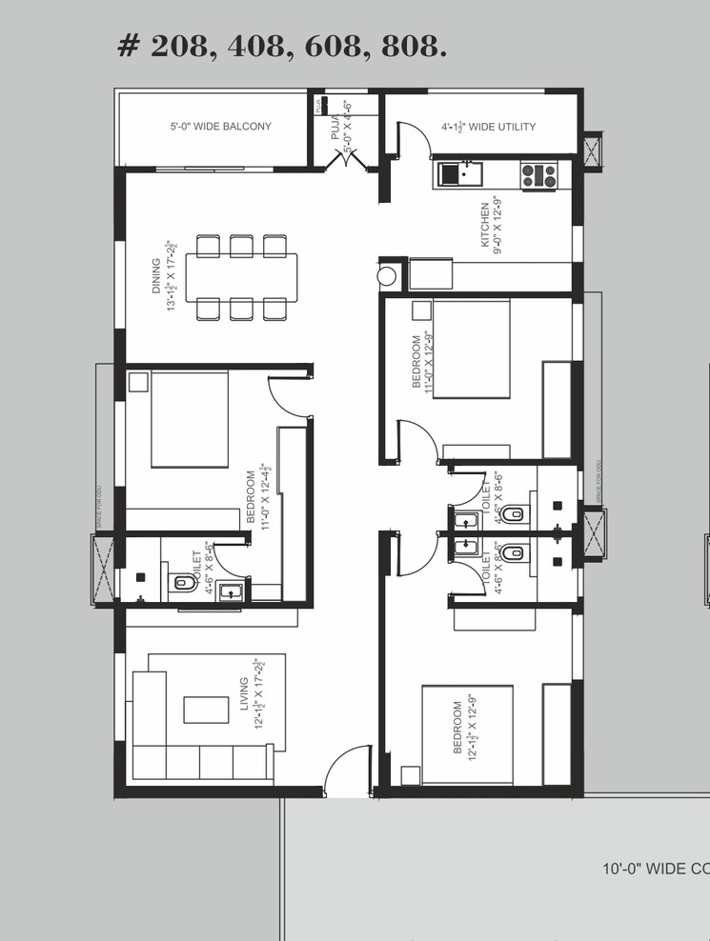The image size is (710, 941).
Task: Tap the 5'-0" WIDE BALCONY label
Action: pos(220,127)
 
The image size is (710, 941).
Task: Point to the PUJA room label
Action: pos(335,126)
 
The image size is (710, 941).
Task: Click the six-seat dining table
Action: pos(241,276)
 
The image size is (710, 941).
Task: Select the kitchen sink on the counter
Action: pos(459,173)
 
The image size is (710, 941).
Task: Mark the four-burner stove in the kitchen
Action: pos(538,175)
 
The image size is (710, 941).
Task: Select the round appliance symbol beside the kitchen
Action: pos(387,276)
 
